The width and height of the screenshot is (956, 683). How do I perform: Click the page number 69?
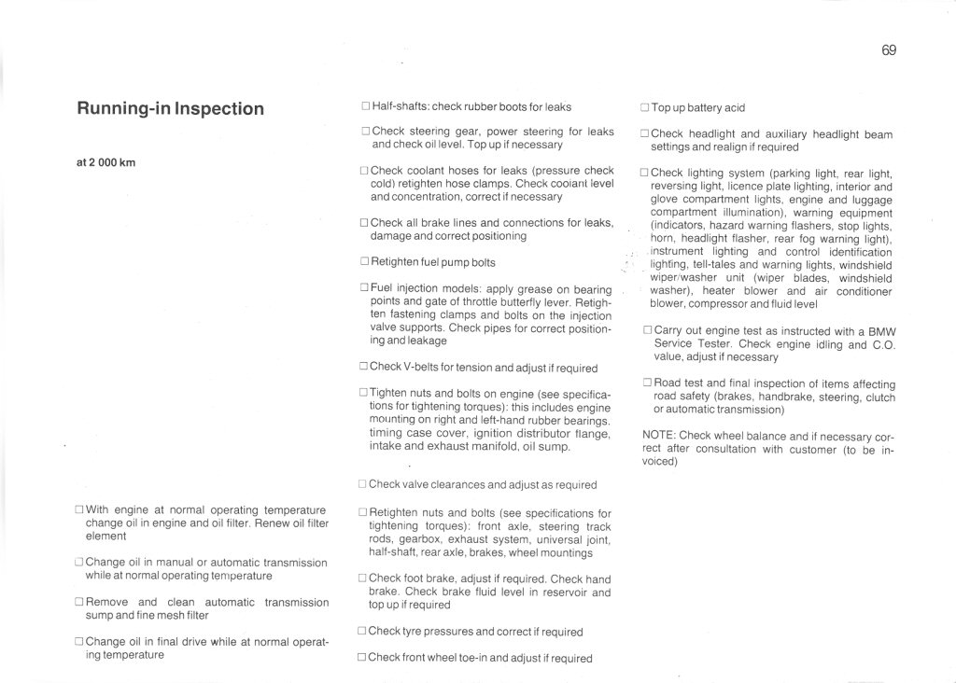point(888,50)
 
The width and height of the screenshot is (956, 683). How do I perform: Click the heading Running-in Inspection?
point(170,108)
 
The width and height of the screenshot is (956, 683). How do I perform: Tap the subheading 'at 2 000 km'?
point(105,162)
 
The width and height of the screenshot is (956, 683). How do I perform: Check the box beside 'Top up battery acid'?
point(645,107)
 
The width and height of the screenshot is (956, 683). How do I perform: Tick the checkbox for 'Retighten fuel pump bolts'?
point(364,262)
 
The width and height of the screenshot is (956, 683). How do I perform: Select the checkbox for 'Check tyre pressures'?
point(362,631)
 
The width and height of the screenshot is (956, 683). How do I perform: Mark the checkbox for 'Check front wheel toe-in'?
point(362,657)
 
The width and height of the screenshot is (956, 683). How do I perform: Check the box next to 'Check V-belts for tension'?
point(363,367)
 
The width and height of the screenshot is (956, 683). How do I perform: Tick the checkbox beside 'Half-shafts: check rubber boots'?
point(365,106)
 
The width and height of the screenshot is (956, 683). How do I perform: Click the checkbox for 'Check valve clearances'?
point(363,484)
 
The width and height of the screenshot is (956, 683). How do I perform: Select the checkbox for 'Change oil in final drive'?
point(79,642)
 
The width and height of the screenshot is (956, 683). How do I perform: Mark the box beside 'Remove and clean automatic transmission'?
point(79,603)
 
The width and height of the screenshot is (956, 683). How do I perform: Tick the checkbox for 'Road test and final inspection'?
point(647,383)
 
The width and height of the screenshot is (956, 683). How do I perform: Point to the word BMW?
point(881,330)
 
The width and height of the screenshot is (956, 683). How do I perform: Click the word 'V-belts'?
point(424,368)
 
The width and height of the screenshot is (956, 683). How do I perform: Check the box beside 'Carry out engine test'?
point(647,330)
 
